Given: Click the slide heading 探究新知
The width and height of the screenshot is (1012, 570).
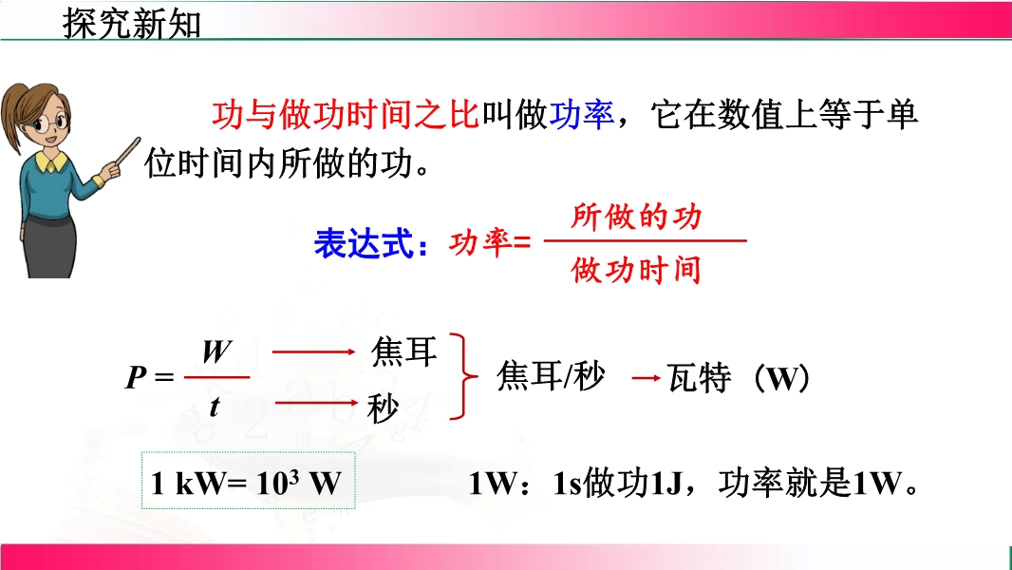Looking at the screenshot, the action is pyautogui.click(x=132, y=25).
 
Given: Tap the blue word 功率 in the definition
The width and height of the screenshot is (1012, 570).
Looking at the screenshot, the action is pyautogui.click(x=582, y=115).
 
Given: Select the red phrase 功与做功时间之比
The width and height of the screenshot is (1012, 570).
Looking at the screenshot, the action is pyautogui.click(x=346, y=115).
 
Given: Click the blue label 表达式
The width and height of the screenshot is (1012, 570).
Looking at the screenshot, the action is pyautogui.click(x=364, y=244).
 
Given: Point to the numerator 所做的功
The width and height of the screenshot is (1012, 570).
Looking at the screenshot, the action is pyautogui.click(x=636, y=217).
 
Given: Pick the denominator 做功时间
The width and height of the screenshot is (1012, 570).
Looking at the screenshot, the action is pyautogui.click(x=636, y=269).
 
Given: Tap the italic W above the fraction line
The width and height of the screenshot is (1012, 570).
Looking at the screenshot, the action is pyautogui.click(x=216, y=352).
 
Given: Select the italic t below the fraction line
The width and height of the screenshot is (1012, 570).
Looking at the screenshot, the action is pyautogui.click(x=215, y=407).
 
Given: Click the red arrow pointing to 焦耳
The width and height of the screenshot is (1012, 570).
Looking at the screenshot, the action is pyautogui.click(x=314, y=351).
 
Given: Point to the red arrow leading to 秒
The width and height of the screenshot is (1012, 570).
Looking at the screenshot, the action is pyautogui.click(x=316, y=404).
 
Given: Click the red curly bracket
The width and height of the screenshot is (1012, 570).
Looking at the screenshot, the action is pyautogui.click(x=464, y=376).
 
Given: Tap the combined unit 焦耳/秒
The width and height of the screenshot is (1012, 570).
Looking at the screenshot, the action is pyautogui.click(x=551, y=375).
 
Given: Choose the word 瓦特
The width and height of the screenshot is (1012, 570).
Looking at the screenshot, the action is pyautogui.click(x=700, y=378).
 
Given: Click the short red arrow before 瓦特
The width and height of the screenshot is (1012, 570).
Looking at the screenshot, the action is pyautogui.click(x=647, y=378).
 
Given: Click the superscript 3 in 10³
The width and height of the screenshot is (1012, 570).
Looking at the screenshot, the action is pyautogui.click(x=293, y=476).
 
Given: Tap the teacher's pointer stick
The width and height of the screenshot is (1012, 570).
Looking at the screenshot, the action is pyautogui.click(x=125, y=154).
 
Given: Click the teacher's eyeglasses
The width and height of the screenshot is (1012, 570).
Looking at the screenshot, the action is pyautogui.click(x=50, y=122).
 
